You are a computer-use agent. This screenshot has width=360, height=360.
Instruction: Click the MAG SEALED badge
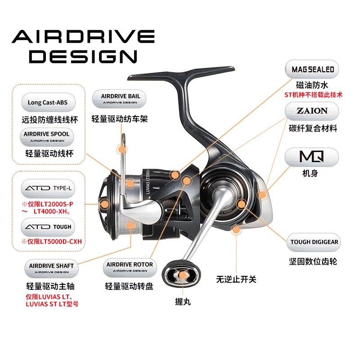click(313, 70)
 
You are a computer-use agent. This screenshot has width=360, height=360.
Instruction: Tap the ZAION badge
click(313, 111)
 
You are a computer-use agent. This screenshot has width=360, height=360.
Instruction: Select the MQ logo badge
click(313, 157)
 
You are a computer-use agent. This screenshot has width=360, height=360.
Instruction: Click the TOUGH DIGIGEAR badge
click(314, 242)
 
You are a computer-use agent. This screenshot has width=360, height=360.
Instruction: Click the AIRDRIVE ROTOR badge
click(129, 267)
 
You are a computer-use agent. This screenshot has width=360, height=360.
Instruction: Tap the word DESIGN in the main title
click(85, 56)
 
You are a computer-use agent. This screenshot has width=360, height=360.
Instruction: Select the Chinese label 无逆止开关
click(236, 279)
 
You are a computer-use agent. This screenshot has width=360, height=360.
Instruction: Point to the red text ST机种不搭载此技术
click(313, 95)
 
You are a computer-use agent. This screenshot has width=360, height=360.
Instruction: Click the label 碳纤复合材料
click(313, 129)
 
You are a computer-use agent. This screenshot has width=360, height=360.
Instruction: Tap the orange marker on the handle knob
click(183, 275)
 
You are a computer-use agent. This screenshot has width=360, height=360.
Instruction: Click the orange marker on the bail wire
click(121, 149)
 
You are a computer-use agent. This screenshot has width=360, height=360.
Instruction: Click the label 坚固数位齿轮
click(313, 261)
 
